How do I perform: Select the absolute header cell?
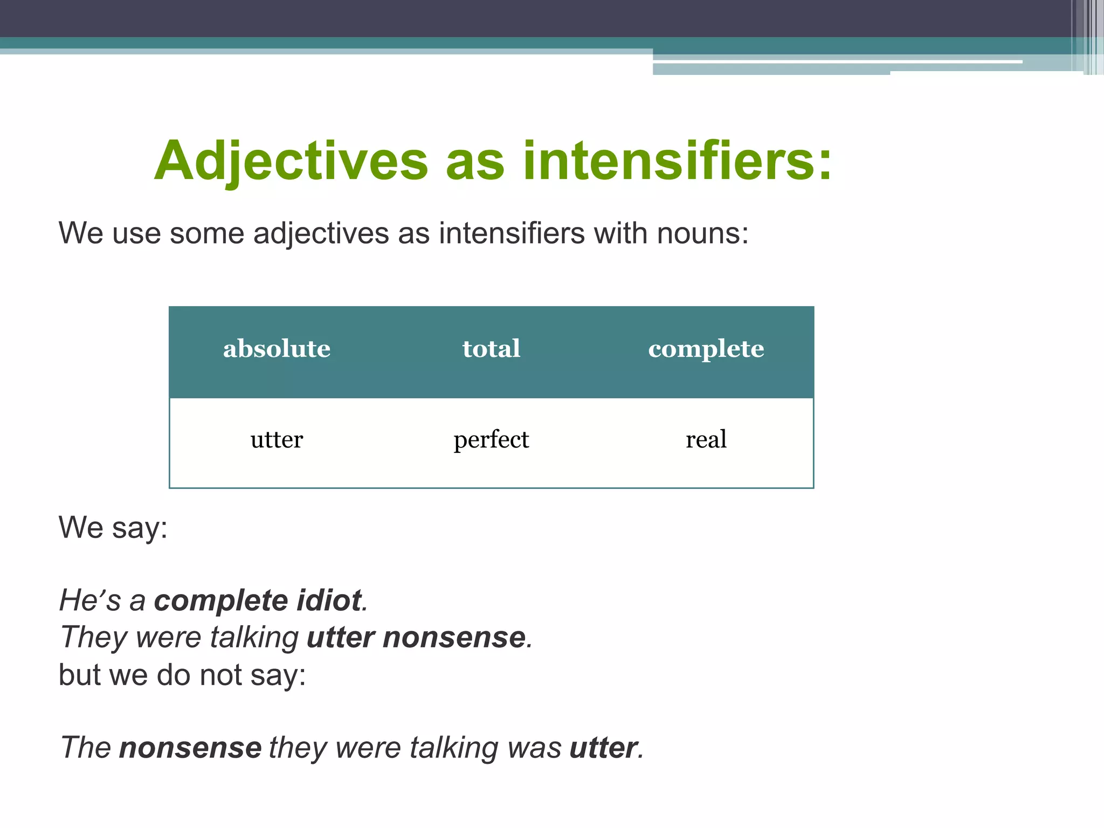(277, 349)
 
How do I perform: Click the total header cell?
(491, 349)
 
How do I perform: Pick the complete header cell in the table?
(706, 349)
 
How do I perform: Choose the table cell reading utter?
(277, 440)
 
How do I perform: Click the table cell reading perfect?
(491, 440)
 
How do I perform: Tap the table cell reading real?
(706, 440)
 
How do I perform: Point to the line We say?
(113, 528)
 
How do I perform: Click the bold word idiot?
(329, 601)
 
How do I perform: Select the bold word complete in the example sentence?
(221, 601)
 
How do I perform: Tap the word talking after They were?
(254, 638)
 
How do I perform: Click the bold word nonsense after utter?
(454, 638)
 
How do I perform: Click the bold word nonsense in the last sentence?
(190, 748)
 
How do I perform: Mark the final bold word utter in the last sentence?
(603, 748)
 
